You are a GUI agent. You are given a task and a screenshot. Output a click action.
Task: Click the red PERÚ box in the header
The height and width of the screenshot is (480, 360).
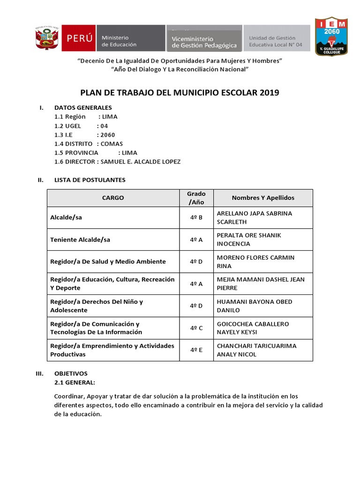point(80,38)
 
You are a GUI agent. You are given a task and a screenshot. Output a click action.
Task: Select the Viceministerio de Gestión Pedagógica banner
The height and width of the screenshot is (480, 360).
point(204,38)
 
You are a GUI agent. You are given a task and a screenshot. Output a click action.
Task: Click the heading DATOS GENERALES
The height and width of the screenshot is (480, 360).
point(83,108)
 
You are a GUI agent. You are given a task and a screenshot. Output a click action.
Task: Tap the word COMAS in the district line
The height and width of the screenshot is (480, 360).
point(112,144)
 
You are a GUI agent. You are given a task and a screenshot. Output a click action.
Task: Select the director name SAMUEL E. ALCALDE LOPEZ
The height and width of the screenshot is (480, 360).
point(140,162)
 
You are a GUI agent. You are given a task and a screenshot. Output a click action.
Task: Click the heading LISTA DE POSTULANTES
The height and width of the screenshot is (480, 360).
point(90,180)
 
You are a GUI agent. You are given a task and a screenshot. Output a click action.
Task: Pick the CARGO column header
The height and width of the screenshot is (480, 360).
point(113,198)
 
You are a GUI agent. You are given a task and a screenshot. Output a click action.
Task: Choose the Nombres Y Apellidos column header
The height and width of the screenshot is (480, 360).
point(263,198)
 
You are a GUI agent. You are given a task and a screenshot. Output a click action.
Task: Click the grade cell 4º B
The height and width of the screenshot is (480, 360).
point(196,217)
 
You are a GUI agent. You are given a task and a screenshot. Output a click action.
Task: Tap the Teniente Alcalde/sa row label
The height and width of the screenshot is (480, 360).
point(80,240)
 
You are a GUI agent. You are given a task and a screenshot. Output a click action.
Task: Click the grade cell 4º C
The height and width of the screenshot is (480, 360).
point(196,328)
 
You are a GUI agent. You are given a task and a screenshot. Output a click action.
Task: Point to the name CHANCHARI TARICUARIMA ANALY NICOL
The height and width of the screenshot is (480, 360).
point(256,350)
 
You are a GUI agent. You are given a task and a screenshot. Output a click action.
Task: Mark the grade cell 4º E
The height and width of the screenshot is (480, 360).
point(196,350)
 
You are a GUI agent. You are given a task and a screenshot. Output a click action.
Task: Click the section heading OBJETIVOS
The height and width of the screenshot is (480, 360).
point(71,374)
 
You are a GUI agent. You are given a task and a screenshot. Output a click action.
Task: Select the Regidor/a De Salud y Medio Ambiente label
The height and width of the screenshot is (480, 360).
point(108,262)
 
